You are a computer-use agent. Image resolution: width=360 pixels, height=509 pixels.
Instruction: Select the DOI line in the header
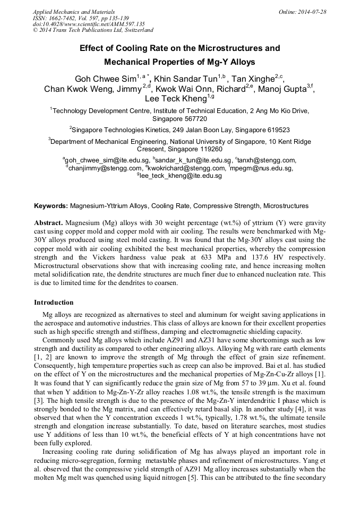[89, 24]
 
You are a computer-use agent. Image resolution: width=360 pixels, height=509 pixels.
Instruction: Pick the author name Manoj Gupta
[281, 89]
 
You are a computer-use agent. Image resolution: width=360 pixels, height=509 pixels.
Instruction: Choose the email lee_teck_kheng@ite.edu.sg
[181, 176]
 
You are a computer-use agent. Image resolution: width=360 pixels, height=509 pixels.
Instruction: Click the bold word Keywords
[51, 205]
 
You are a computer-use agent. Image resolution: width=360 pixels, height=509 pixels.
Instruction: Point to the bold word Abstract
[49, 222]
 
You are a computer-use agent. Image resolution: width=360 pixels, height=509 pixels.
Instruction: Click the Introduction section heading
[54, 302]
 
